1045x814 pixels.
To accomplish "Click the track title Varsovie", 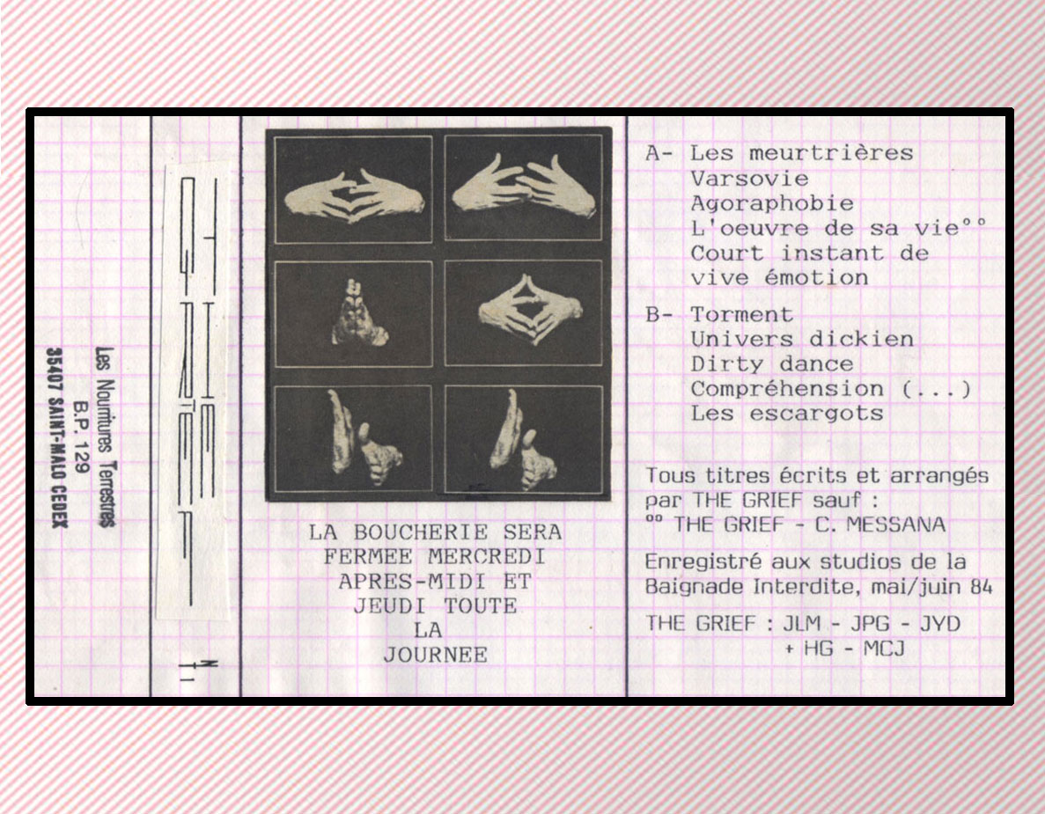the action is (x=750, y=179).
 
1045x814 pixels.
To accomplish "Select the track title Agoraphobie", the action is (x=772, y=204).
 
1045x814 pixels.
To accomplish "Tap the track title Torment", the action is (x=742, y=314).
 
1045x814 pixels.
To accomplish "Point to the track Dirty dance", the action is (x=772, y=364).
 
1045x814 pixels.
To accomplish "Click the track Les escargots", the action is (x=787, y=414).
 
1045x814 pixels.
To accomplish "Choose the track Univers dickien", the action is (x=802, y=339).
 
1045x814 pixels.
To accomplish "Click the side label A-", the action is (x=659, y=153).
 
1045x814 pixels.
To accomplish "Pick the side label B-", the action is (x=659, y=314).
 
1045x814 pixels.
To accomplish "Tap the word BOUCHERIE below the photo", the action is (x=421, y=532).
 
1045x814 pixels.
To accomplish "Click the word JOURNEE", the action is (x=435, y=655).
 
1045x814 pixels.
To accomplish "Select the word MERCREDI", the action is (x=487, y=557).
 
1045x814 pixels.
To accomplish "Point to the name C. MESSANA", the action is (x=880, y=524).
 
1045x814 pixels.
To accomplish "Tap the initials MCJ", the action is (x=884, y=649).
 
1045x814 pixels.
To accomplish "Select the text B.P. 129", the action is (x=81, y=436).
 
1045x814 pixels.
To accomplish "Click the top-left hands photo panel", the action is (x=353, y=190).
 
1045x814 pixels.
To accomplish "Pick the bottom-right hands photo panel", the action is (x=524, y=440).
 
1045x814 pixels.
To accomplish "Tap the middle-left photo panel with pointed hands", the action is (x=353, y=314).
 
